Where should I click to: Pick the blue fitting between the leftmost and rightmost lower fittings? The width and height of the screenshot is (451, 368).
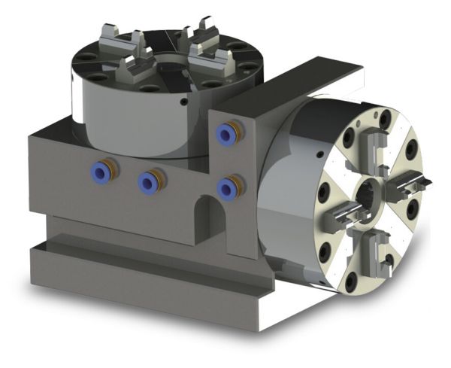coord(150,181)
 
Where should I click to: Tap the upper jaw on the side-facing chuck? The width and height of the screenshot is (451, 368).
coord(371,143)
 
